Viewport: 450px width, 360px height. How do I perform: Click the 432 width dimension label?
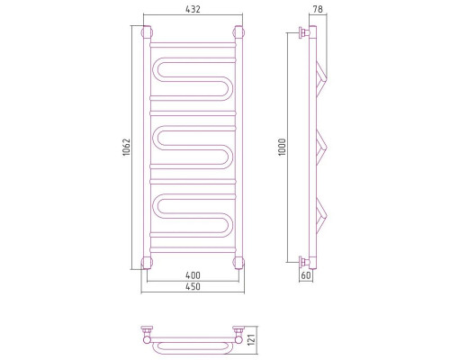click(x=193, y=9)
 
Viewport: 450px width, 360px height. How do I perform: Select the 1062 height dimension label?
click(x=127, y=147)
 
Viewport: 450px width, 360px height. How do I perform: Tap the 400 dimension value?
click(x=193, y=274)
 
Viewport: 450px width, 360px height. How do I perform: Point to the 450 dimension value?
click(x=193, y=286)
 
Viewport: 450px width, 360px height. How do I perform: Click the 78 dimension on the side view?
click(x=318, y=9)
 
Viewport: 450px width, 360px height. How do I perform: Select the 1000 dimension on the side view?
click(x=283, y=147)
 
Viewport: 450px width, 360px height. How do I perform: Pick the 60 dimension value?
click(x=306, y=275)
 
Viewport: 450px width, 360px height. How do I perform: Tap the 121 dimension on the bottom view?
click(x=252, y=339)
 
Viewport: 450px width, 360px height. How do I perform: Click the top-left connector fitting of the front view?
click(x=147, y=32)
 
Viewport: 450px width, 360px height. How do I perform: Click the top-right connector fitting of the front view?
click(x=238, y=32)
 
